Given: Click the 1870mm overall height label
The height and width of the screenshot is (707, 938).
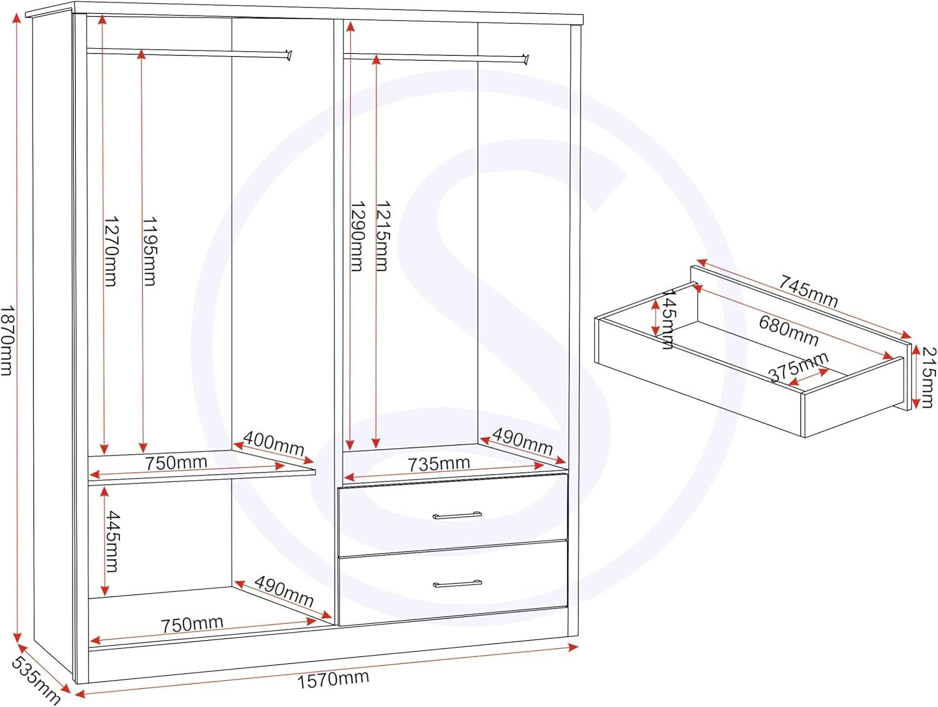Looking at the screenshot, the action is (x=6, y=341).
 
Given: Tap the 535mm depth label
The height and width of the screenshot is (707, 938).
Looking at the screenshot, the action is (x=36, y=681).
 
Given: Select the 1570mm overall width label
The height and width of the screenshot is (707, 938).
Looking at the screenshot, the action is (x=333, y=679).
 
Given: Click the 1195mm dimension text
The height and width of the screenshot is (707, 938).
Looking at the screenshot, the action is (x=149, y=251).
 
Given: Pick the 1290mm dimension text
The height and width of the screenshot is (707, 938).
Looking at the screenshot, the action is (x=357, y=236).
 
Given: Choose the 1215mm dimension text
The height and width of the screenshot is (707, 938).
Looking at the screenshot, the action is (x=382, y=236).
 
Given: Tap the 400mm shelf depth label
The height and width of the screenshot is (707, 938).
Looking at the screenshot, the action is (x=273, y=443).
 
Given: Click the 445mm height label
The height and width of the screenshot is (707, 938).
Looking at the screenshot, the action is (x=112, y=541).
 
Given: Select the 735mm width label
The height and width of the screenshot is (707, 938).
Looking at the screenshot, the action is (x=438, y=464).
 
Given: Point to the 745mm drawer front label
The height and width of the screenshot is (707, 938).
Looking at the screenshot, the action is (x=808, y=291).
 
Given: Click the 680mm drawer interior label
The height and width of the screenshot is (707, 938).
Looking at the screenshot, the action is (x=789, y=330).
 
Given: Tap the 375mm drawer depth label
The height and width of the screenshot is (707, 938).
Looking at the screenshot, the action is (x=799, y=366).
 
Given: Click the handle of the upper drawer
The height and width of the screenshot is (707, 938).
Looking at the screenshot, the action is (x=457, y=516).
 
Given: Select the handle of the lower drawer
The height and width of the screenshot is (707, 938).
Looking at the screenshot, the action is (x=457, y=584).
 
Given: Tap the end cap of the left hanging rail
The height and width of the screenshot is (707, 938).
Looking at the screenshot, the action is (x=289, y=55).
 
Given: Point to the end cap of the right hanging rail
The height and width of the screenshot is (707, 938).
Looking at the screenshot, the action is (x=526, y=59).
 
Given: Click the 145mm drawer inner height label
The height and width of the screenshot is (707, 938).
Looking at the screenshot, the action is (x=667, y=319).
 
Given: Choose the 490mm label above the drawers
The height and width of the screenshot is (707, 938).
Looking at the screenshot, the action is (x=522, y=441).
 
